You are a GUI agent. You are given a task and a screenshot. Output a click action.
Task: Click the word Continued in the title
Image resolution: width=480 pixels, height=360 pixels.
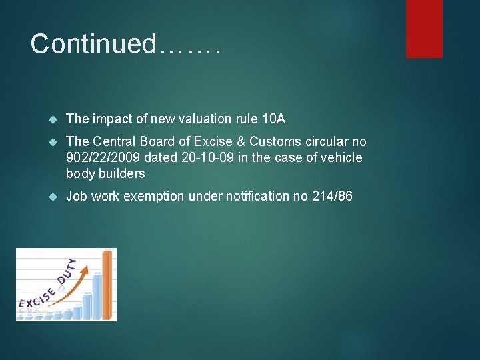(x=92, y=44)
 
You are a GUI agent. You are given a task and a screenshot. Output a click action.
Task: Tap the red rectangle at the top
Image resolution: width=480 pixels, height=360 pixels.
(x=425, y=28)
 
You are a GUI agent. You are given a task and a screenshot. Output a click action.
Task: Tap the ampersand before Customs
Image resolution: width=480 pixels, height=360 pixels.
(x=239, y=142)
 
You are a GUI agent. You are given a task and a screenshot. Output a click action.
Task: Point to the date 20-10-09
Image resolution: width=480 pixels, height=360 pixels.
(x=208, y=158)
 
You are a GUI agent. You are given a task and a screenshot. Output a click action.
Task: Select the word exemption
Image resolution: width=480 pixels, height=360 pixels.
(x=155, y=197)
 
